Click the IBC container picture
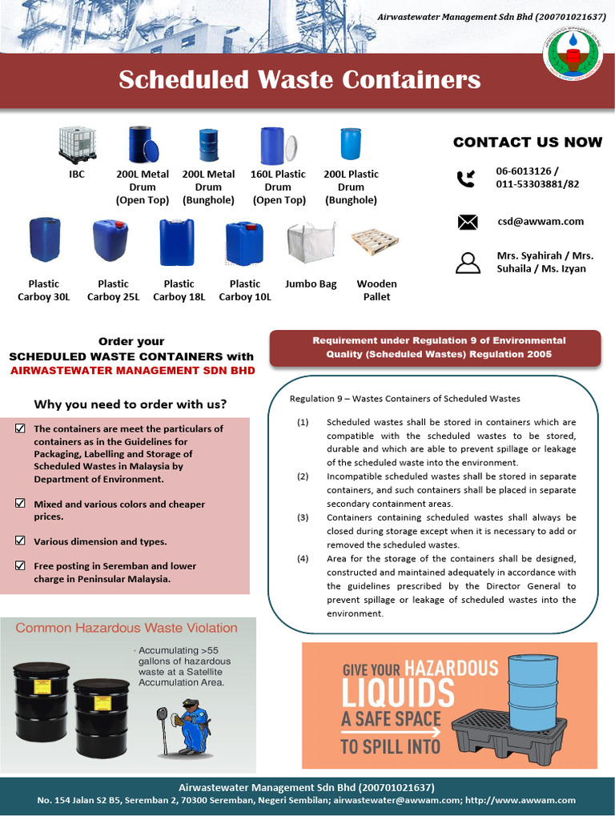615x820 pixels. point(77,145)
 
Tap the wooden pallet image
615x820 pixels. point(375,241)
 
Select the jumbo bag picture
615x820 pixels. point(310,243)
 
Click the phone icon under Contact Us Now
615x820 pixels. point(466,179)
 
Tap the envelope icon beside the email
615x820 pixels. point(467,222)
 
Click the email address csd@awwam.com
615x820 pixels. point(540,221)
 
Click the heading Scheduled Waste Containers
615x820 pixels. point(299,80)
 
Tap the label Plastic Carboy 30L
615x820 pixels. point(44,290)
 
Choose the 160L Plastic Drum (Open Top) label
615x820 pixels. point(278,187)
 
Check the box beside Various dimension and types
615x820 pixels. point(20,541)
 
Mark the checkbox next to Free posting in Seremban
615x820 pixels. point(20,565)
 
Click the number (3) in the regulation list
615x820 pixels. point(303,517)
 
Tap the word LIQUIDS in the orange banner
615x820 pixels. point(398,693)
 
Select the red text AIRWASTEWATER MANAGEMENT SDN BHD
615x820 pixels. point(132,370)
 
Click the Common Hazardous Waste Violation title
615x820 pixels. point(127,628)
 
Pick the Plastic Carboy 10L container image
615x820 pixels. point(244,243)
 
